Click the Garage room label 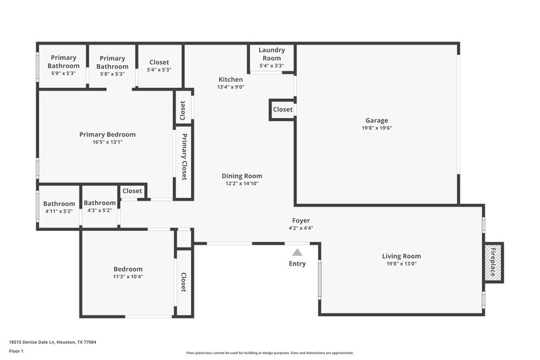[377, 120]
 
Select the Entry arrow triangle [297, 252]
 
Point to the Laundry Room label [271, 55]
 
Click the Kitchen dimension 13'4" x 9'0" [231, 87]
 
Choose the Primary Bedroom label [107, 134]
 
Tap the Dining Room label [242, 176]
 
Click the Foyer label [301, 221]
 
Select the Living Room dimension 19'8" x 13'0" [402, 264]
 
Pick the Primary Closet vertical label [184, 157]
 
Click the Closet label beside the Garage [283, 109]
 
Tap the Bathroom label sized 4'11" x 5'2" [59, 203]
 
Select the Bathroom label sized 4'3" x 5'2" [100, 203]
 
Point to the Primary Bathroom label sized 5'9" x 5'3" [63, 62]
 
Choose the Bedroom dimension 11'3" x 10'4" [128, 276]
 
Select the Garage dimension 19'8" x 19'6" [377, 128]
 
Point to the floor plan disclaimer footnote [269, 353]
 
